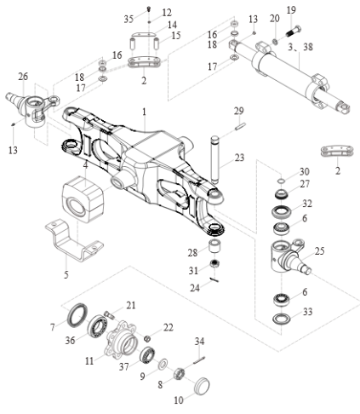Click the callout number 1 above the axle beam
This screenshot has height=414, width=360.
144,112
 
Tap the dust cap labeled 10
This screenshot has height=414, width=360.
202,386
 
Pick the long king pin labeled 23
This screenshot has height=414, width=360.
215,160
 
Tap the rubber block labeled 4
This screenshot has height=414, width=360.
83,198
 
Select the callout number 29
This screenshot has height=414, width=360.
239,111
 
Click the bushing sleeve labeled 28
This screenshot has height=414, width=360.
216,246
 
